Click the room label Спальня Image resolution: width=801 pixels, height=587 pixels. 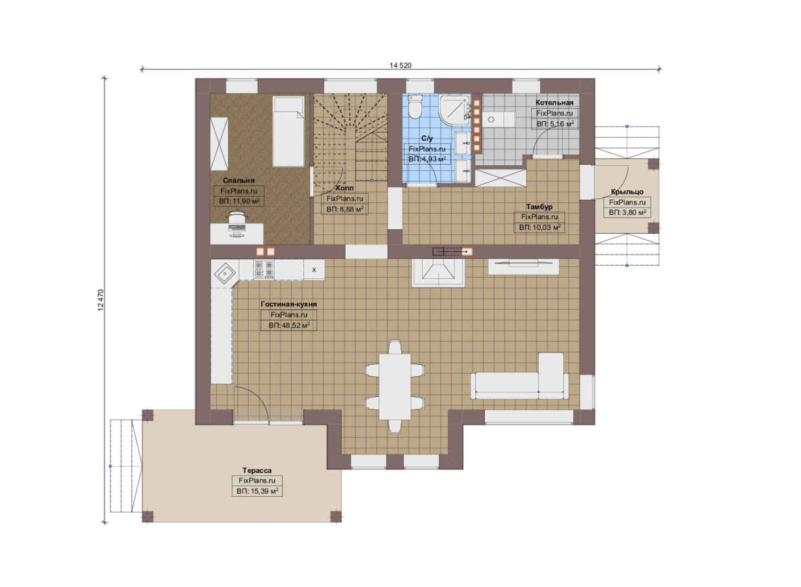pyautogui.click(x=239, y=180)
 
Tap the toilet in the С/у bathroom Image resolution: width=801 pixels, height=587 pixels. pyautogui.click(x=415, y=107)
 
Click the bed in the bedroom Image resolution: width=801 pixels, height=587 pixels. pyautogui.click(x=288, y=132)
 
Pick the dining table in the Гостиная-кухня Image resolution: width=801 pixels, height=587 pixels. pyautogui.click(x=395, y=386)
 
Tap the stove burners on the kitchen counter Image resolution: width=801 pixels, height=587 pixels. pyautogui.click(x=264, y=270)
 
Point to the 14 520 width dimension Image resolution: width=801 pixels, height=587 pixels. pyautogui.click(x=400, y=65)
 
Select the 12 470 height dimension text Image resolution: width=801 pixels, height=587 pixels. pyautogui.click(x=101, y=300)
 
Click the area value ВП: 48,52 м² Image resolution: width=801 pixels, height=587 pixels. pyautogui.click(x=289, y=326)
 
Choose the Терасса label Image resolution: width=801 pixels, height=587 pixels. pyautogui.click(x=256, y=470)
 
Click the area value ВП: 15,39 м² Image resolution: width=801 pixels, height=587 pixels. pyautogui.click(x=257, y=491)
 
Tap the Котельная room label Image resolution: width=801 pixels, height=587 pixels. pyautogui.click(x=554, y=103)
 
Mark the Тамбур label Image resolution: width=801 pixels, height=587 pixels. pyautogui.click(x=539, y=207)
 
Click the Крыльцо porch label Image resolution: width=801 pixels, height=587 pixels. pyautogui.click(x=627, y=192)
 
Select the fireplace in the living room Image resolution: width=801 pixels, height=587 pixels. pyautogui.click(x=439, y=272)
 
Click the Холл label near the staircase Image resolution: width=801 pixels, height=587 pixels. pyautogui.click(x=345, y=188)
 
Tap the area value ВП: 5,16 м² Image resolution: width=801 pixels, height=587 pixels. pyautogui.click(x=555, y=124)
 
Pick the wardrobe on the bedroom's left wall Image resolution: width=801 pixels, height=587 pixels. pyautogui.click(x=219, y=144)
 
